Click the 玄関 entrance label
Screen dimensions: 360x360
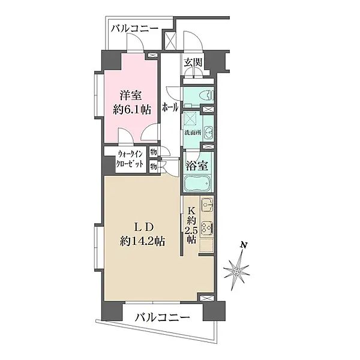pos(193,61)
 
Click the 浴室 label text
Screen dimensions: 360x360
pos(197,164)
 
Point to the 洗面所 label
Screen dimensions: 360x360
pos(192,132)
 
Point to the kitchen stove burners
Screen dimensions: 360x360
pos(206,229)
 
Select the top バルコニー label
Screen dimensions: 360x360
pos(134,28)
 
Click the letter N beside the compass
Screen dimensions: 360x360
pos(242,245)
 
